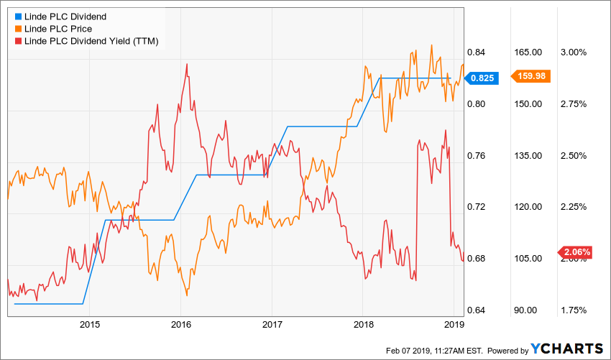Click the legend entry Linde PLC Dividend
point(65,16)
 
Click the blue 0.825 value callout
point(487,78)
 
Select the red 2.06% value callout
point(576,252)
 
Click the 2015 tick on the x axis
point(90,324)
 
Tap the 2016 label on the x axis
point(181,324)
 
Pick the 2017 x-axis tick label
point(272,324)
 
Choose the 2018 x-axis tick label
point(364,324)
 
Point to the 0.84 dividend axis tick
point(479,52)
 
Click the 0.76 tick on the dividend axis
point(479,156)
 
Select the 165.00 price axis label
point(528,52)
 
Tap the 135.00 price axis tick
point(528,156)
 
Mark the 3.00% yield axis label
point(574,52)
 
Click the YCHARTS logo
point(566,349)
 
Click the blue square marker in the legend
point(10,16)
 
